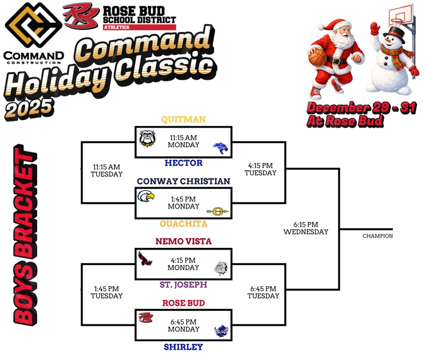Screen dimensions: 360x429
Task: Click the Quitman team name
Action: pos(183,119)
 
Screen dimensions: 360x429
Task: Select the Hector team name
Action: pos(183,163)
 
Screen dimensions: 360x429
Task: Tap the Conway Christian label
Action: pos(183,181)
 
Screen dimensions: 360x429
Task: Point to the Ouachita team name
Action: pos(183,224)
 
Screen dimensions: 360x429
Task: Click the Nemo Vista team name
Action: pos(183,242)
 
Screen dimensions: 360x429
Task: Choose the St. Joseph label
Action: pos(183,284)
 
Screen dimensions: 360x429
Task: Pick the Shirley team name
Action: pos(183,347)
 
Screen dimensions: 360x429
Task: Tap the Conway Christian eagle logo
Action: pos(147,198)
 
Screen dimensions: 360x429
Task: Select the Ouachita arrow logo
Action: pos(218,211)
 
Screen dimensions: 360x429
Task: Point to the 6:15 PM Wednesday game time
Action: pos(305,228)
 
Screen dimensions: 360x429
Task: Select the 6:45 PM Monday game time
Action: pos(183,326)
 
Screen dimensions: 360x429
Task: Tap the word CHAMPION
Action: pos(378,236)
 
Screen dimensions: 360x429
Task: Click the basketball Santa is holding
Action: pos(317,58)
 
